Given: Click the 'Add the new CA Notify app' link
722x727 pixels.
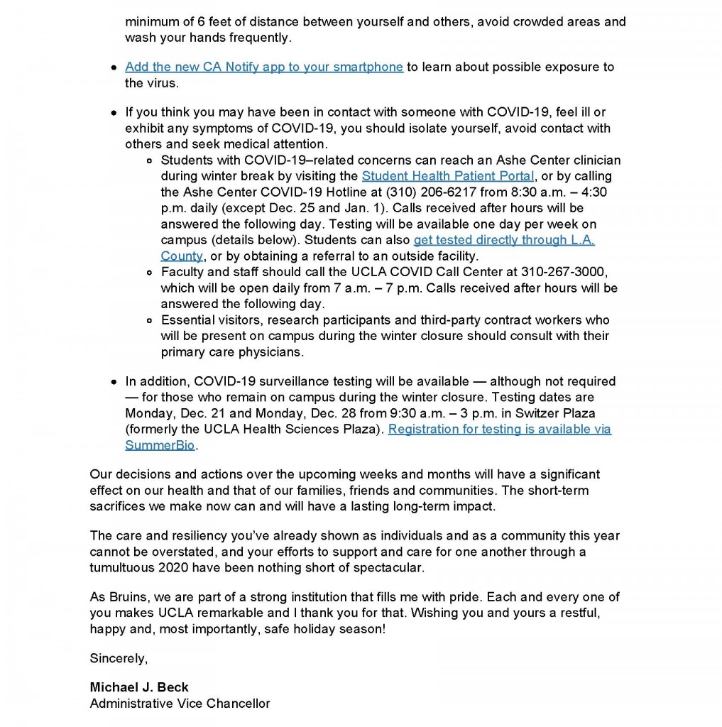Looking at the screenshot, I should [x=263, y=67].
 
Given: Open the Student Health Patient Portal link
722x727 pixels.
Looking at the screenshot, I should [x=447, y=176].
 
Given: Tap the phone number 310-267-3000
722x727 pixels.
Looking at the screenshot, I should [x=564, y=272].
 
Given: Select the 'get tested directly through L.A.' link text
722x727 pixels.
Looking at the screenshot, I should [x=504, y=240].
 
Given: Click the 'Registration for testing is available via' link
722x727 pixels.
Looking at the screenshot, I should [x=499, y=429].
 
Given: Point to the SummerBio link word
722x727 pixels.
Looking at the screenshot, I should [x=160, y=445].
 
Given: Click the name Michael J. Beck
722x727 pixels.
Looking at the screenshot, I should [x=139, y=687].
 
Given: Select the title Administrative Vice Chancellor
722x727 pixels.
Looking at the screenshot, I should [x=180, y=704].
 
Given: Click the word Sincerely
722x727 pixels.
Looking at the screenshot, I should [x=119, y=658].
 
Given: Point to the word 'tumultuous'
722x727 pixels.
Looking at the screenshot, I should [x=124, y=567].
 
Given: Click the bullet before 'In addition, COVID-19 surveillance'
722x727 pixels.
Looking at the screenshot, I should [x=114, y=382].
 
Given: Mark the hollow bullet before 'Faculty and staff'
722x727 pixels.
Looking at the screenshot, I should [x=149, y=273].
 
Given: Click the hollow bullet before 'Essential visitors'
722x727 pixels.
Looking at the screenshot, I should [x=149, y=320].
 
